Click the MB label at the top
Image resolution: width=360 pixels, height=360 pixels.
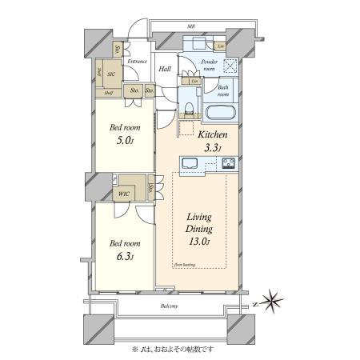(x=191, y=26)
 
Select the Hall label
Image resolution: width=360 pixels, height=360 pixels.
(x=165, y=70)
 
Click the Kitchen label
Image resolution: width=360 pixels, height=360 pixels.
(x=214, y=137)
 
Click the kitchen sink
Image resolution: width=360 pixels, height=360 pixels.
(x=191, y=165)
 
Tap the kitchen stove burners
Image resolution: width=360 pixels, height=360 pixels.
(x=226, y=165)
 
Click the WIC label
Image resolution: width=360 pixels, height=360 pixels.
(x=124, y=193)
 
